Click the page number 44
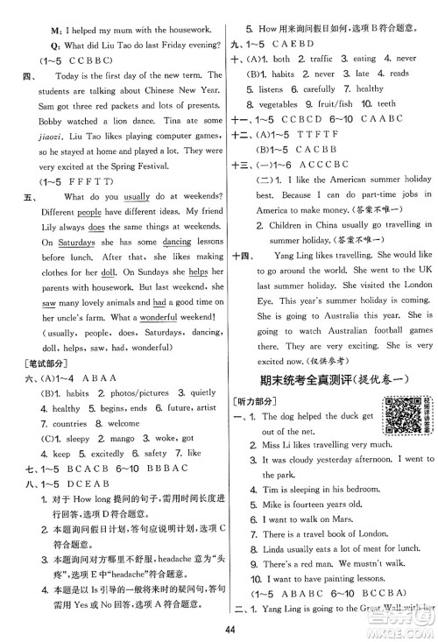tap(219, 627)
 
